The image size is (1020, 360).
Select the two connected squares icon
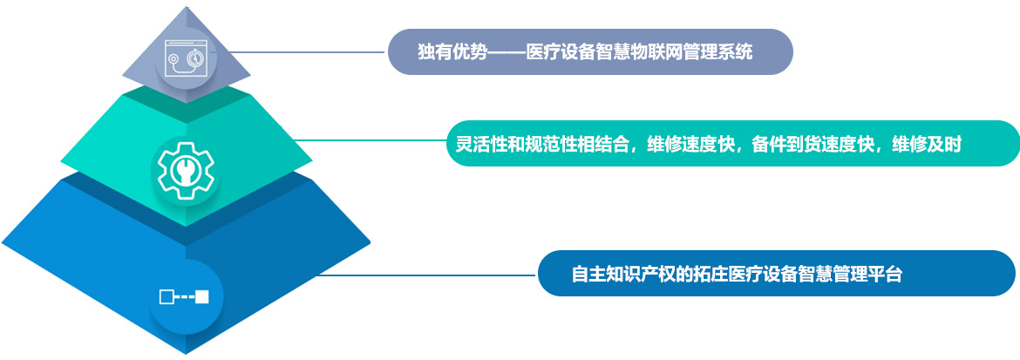click(184, 297)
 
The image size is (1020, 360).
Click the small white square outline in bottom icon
click(166, 297)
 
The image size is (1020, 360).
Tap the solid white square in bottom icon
click(202, 297)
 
